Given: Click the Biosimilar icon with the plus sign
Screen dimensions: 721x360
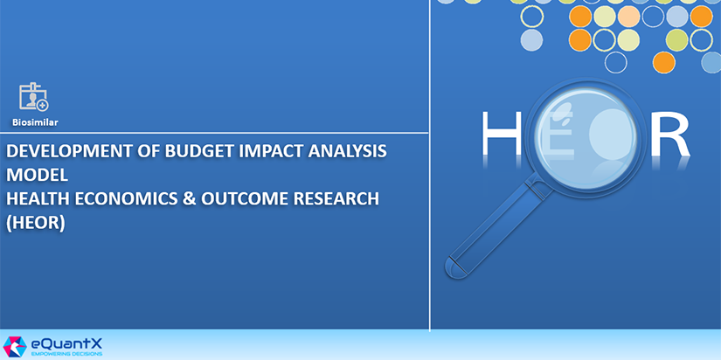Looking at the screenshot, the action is pos(33,97).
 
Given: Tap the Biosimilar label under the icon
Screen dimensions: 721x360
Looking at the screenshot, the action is pos(35,122).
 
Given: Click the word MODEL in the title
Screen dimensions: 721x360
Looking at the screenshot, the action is pos(38,175).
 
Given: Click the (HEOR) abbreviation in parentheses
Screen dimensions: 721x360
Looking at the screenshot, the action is pos(36,223).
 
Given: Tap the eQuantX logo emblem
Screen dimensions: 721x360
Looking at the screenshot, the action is pos(15,347).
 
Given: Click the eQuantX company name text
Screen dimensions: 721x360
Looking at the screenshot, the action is pos(67,344).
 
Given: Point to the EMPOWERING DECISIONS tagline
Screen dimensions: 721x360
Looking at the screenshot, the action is pos(66,355).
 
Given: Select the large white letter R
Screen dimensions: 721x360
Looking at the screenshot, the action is pos(671,133).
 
